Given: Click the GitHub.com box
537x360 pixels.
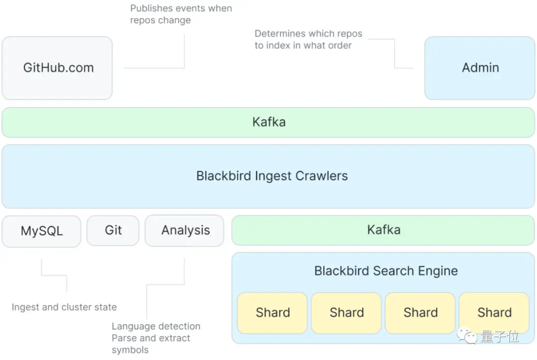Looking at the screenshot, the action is tap(57, 68).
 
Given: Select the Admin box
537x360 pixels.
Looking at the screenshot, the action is tap(479, 68).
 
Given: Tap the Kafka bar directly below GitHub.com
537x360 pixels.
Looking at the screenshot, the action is tap(268, 122).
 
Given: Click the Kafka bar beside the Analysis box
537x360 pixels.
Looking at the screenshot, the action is tap(383, 230).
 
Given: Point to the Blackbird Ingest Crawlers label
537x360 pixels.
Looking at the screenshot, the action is tap(272, 176).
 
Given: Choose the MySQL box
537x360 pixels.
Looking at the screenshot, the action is tap(41, 231).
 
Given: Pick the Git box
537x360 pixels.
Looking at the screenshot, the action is tap(113, 231).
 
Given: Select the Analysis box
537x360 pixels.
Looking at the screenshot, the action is tap(184, 231).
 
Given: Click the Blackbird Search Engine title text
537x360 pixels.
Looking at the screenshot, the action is tap(386, 271).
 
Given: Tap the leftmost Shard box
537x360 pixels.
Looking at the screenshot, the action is tap(272, 313).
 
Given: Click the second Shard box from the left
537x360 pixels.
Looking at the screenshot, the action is tap(346, 313).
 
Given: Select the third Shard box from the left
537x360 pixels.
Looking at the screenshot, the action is tap(420, 313).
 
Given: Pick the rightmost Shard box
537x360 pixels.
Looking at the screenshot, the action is tap(494, 313).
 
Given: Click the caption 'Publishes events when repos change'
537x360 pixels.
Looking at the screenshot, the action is tap(181, 14).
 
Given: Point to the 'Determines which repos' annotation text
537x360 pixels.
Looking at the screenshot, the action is tap(308, 34).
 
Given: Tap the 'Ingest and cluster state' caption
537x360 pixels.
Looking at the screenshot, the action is tap(64, 307).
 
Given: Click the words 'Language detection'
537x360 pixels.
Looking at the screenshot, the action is tap(156, 326).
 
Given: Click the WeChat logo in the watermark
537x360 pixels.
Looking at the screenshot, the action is tap(466, 336).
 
